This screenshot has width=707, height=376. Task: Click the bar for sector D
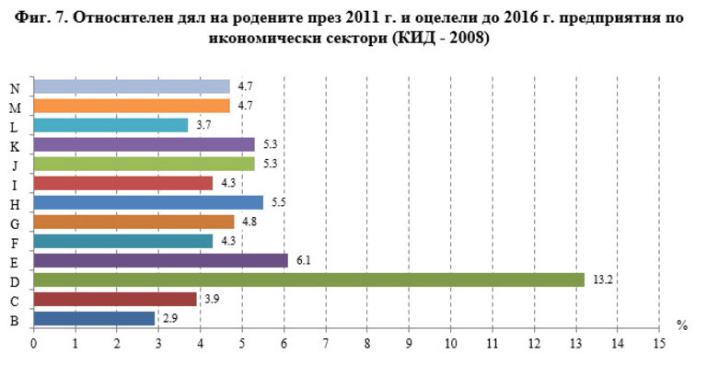[308, 279]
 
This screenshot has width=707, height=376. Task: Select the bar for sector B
[94, 318]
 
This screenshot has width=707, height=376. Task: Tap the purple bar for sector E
[161, 260]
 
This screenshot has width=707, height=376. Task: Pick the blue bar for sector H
[148, 202]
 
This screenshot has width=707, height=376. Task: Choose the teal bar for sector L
[110, 125]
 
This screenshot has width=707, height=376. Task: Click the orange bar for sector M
[132, 106]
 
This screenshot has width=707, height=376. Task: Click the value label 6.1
[302, 260]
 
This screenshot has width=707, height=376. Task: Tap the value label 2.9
[168, 318]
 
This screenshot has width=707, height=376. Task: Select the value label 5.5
[277, 202]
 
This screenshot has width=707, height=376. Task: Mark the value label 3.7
[202, 125]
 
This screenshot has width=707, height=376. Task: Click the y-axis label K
[16, 144]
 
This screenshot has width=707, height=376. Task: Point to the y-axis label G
[16, 222]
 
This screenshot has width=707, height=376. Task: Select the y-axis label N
[16, 87]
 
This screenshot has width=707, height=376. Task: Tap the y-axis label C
[16, 299]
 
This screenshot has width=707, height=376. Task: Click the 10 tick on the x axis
[450, 345]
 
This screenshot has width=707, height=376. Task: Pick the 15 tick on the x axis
[658, 345]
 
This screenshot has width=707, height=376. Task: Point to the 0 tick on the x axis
[34, 345]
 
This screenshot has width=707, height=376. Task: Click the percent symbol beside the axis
[682, 325]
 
